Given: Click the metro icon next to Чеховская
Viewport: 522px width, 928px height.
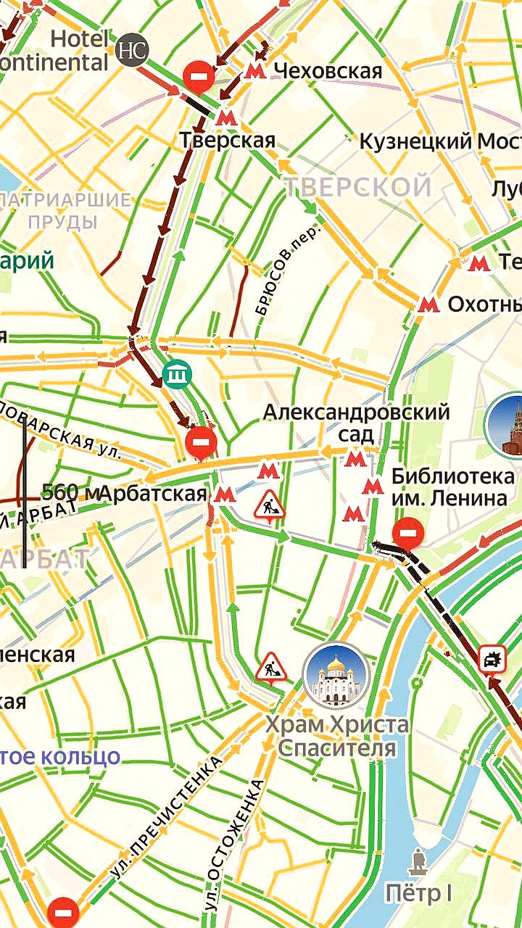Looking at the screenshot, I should (254, 70).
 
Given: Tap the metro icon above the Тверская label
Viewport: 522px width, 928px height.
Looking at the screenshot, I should (227, 117).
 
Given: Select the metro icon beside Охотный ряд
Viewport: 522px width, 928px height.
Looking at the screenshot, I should (429, 304).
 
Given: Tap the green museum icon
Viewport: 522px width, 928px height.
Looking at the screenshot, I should (175, 375).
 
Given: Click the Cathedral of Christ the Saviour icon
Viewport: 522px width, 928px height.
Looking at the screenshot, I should (336, 676).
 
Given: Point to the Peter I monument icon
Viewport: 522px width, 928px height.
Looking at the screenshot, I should (418, 861).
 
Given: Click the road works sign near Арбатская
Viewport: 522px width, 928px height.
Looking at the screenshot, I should (269, 505).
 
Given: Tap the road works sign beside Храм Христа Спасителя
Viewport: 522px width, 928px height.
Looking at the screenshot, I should (270, 666).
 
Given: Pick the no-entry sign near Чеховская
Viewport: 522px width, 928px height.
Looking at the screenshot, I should (198, 75).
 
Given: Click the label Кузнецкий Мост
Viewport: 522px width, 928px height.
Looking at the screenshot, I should (440, 141).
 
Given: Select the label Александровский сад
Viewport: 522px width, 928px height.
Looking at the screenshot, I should (356, 423).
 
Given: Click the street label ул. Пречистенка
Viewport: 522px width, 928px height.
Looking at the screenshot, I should (167, 817).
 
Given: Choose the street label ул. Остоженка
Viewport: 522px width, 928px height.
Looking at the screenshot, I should (233, 842).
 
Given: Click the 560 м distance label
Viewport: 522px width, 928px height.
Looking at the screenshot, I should (70, 492).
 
